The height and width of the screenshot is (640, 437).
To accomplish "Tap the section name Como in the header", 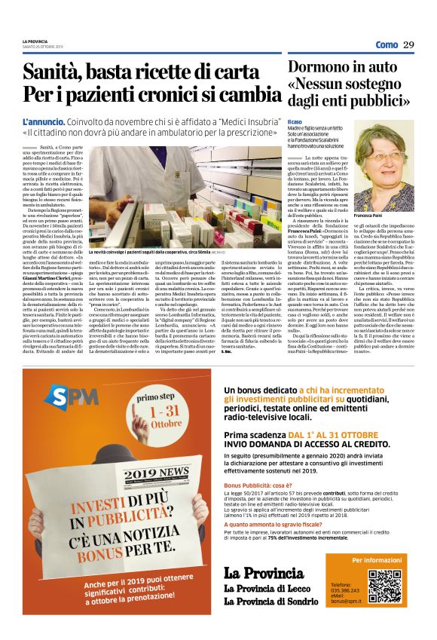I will (387, 44).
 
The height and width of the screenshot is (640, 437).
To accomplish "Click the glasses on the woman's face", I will (382, 156).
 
